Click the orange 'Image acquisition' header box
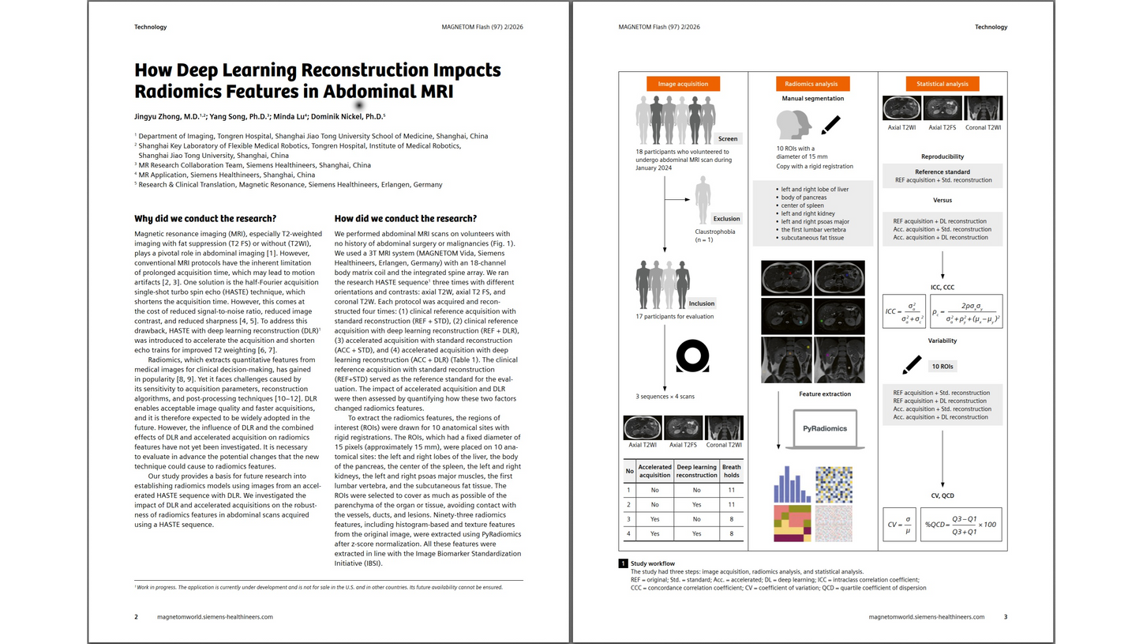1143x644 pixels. pos(683,84)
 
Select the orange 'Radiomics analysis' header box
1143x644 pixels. pos(812,84)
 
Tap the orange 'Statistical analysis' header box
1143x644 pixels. pos(942,84)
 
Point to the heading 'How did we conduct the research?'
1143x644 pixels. pos(406,219)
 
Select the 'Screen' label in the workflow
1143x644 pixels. pos(727,138)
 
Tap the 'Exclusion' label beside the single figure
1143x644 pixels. pos(726,218)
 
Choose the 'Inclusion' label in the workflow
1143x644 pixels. pos(701,303)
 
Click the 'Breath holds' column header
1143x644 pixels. pos(731,471)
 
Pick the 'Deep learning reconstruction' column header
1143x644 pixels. pos(697,471)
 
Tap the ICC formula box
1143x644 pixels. pos(905,312)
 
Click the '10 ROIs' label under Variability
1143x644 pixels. pos(942,367)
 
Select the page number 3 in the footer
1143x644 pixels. pos(1005,616)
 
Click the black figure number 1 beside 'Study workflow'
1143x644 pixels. pos(623,563)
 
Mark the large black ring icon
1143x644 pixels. pos(691,357)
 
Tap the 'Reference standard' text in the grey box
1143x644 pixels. pos(942,171)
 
